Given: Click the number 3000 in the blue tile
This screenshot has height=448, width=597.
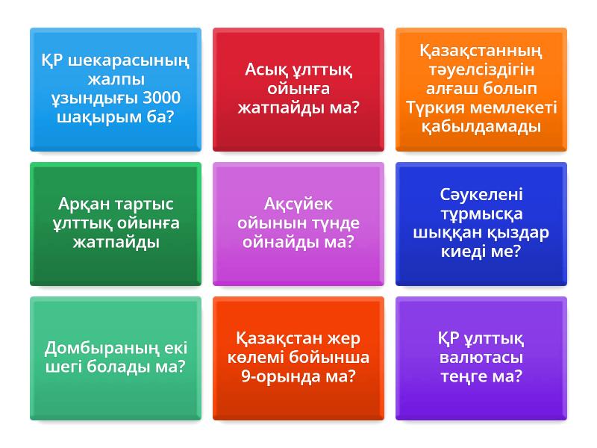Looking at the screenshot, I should coord(161,98).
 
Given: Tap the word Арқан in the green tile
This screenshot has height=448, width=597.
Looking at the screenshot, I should coord(84,204).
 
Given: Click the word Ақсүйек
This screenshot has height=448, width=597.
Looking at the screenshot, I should coord(298,204).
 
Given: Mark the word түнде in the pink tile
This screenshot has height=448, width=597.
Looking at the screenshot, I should coord(335,223).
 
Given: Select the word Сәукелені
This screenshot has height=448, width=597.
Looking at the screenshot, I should coord(481,194).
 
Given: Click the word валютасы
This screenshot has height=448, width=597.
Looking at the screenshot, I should coord(481,357).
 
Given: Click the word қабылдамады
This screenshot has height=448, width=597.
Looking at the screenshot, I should coord(481,126).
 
